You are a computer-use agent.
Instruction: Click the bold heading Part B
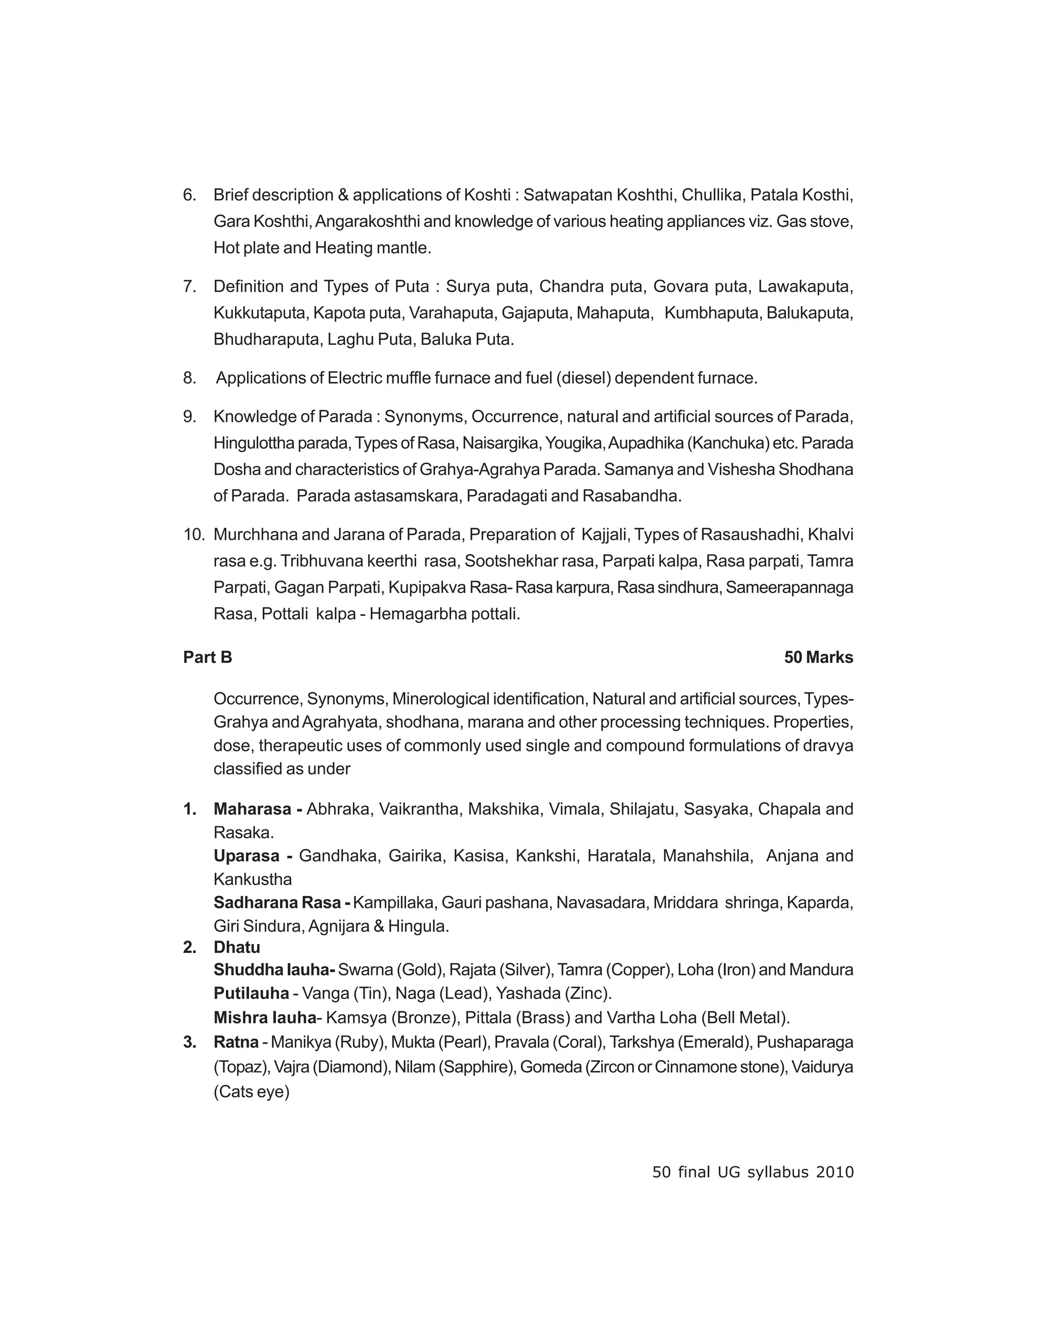pos(207,657)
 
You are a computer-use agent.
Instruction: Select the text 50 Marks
pos(818,657)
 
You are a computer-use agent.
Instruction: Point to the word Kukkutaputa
pos(260,313)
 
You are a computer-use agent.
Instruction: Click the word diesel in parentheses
pos(583,378)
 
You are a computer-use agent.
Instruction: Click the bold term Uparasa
pos(247,856)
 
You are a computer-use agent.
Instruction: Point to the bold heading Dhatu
pos(236,947)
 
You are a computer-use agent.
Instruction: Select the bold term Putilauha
pos(251,994)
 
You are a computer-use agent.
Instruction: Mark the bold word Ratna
pos(236,1042)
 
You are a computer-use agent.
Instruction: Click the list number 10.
pos(193,535)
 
